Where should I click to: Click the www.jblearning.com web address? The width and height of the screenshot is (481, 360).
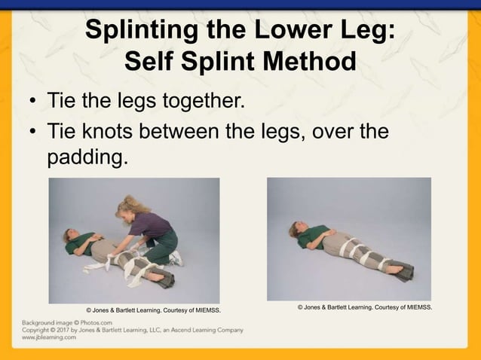(x=44, y=337)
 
